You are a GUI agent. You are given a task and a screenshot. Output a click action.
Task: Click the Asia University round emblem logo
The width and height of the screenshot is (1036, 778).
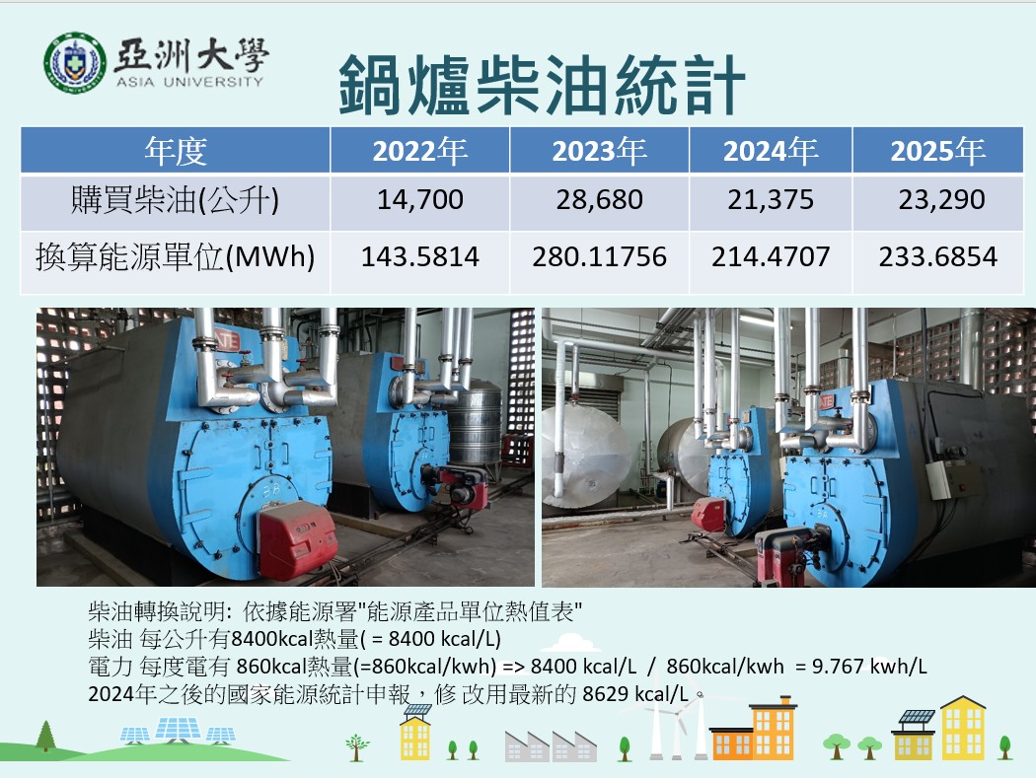tap(74, 62)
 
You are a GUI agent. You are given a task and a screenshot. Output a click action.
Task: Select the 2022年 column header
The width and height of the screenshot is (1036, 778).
tap(419, 152)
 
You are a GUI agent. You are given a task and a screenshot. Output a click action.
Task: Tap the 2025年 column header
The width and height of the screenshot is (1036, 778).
tap(937, 152)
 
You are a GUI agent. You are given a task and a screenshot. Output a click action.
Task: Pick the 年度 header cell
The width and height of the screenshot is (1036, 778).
tap(176, 152)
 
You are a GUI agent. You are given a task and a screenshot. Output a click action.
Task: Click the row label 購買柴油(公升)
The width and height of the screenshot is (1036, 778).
tap(176, 200)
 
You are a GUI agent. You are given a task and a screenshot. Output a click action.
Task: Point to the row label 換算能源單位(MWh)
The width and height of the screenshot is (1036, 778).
tap(176, 257)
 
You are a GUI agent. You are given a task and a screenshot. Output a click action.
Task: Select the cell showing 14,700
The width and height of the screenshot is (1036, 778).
tap(419, 200)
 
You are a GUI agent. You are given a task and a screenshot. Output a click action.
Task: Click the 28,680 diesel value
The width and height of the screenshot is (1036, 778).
tap(599, 200)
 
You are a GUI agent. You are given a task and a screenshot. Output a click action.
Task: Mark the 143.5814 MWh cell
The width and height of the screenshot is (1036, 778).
tap(419, 257)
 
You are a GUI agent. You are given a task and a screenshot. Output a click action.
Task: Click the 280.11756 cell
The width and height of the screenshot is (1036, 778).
tap(599, 257)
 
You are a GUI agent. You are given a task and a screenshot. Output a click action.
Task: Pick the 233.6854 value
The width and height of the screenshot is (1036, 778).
tap(937, 257)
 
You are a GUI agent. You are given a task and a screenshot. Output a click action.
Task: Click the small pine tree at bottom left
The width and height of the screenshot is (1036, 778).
tap(45, 735)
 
